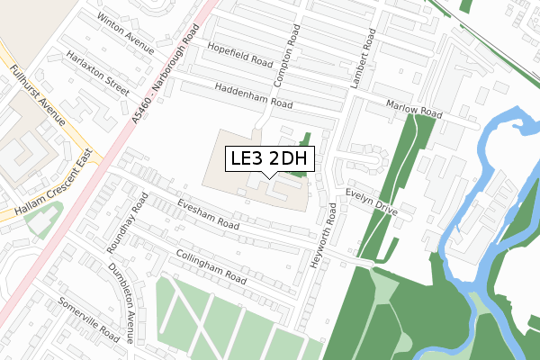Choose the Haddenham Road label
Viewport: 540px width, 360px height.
point(254,96)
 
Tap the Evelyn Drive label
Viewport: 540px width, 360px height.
point(371,200)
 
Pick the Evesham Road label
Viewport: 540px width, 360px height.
point(207,212)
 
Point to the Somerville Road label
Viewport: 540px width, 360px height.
point(88,319)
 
